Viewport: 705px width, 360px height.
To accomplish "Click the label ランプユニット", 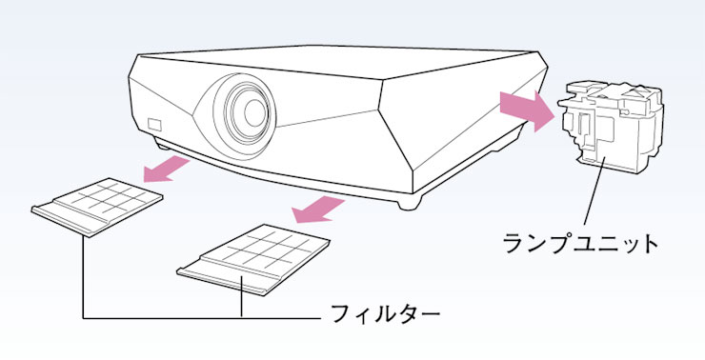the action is tap(580, 244).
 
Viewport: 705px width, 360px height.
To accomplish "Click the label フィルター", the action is tap(385, 313).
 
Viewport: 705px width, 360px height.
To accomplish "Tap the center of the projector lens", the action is tap(253, 112).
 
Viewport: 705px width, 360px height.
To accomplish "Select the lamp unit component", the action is tap(612, 127).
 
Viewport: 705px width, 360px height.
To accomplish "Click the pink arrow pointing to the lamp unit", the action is tap(526, 111).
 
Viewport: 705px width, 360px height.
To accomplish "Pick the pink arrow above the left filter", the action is tap(167, 170).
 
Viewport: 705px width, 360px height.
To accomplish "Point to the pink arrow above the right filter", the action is tap(318, 210).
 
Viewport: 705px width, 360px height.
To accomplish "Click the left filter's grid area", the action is tap(111, 197).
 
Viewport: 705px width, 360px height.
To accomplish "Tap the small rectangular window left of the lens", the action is tap(154, 125).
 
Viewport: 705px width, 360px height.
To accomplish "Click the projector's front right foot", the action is tap(410, 202).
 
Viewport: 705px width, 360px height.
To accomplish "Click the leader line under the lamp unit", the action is tap(594, 191).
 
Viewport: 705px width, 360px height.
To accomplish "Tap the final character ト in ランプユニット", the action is tap(649, 244).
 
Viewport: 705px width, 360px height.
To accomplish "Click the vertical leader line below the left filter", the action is tap(83, 277).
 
